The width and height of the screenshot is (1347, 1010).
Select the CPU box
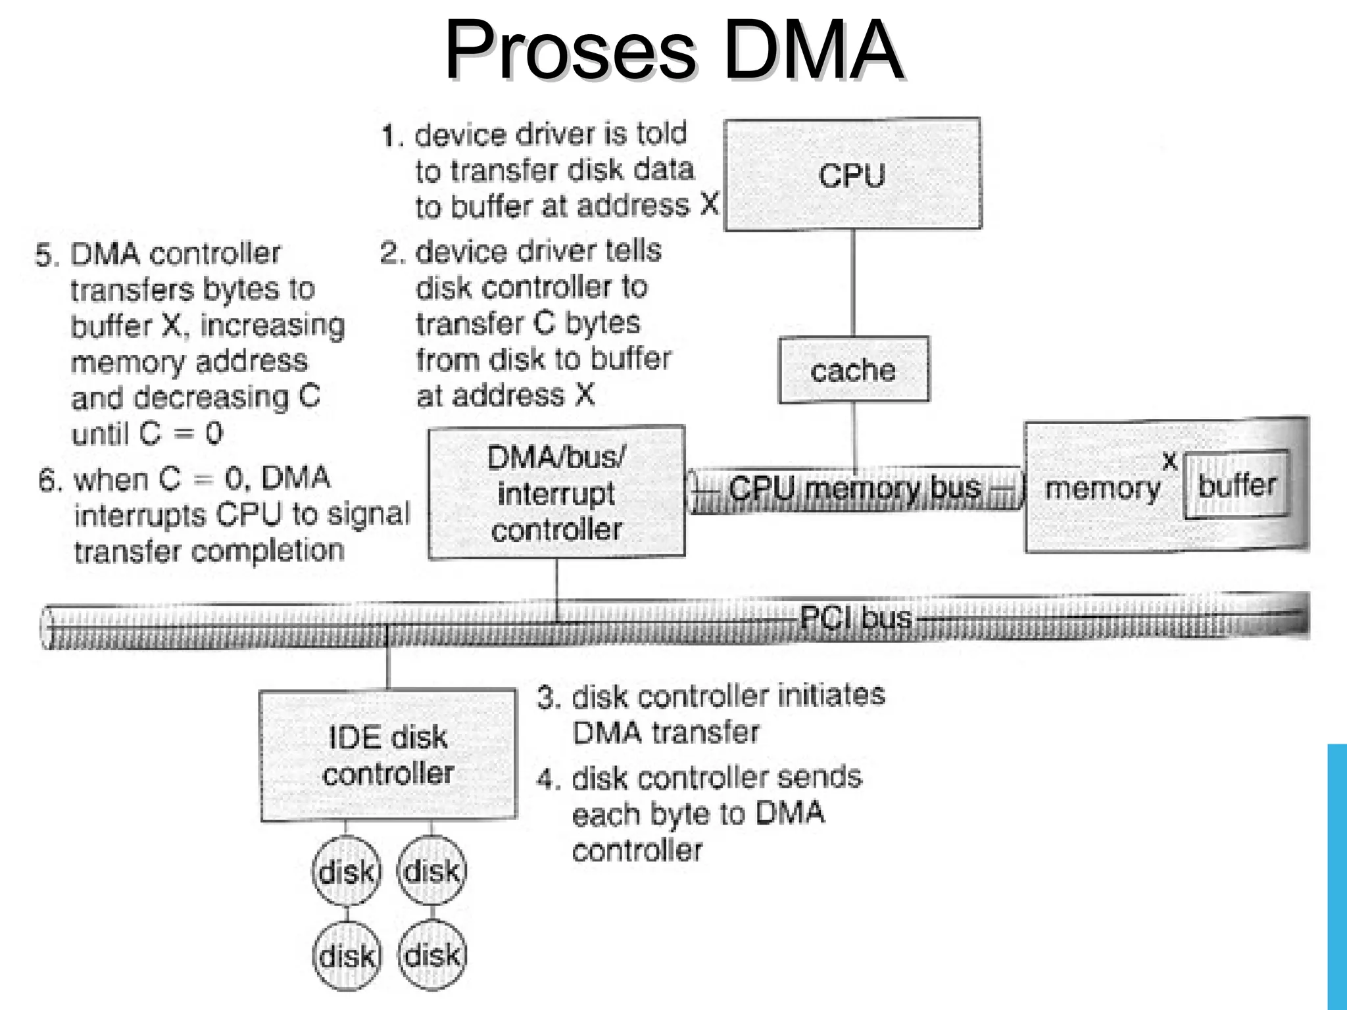(852, 174)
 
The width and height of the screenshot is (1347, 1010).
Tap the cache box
(854, 370)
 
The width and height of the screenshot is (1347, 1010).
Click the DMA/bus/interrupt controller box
(556, 493)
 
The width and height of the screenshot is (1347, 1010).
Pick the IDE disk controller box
(388, 755)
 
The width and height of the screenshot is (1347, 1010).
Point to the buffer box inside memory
(1236, 485)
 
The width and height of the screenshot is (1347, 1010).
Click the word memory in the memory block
(1102, 489)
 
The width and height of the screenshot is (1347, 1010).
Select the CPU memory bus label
(854, 489)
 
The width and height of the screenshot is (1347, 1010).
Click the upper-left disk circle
(347, 872)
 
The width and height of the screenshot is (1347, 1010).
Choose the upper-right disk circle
(431, 871)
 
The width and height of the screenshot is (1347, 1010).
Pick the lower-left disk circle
(347, 955)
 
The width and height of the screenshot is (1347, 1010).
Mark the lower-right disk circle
(431, 955)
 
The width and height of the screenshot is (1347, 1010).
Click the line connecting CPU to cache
(853, 283)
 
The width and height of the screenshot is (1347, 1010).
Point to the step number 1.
(391, 136)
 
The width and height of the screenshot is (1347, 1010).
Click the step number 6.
(49, 480)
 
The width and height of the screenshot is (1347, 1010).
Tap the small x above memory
(1169, 461)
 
